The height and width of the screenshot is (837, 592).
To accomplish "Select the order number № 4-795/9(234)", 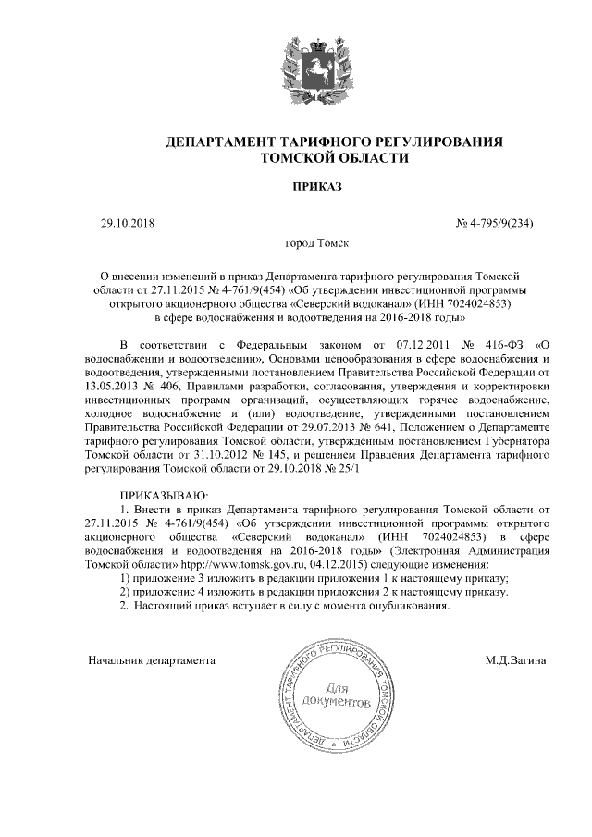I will (496, 223).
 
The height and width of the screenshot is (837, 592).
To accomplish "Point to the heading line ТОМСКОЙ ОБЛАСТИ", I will (331, 159).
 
